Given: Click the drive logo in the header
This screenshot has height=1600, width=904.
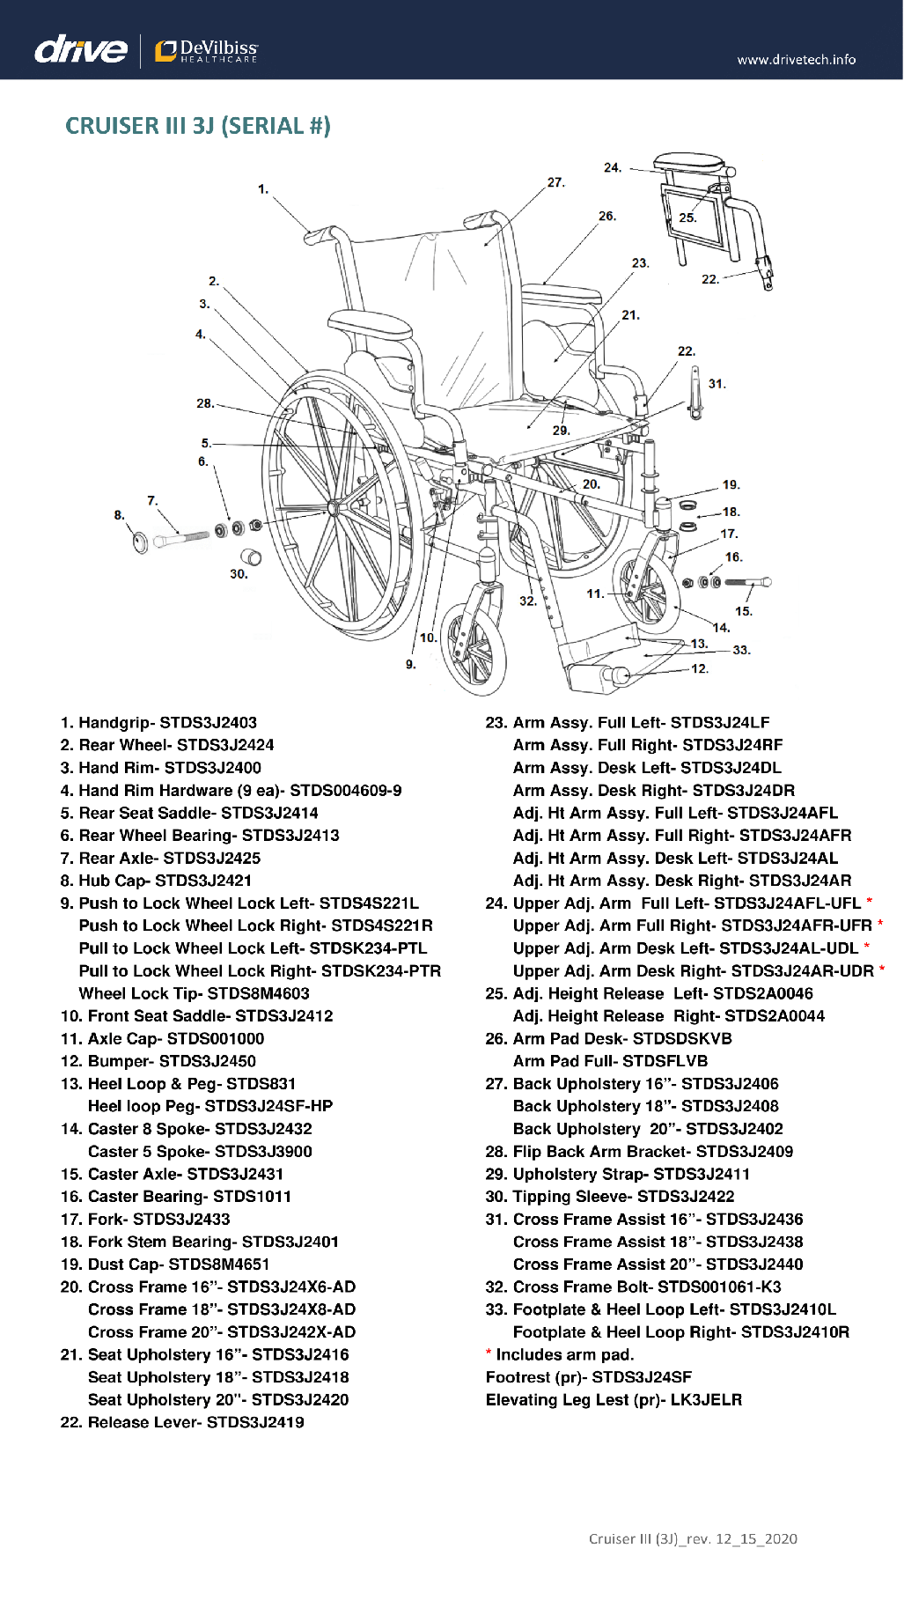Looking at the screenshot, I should click(x=80, y=49).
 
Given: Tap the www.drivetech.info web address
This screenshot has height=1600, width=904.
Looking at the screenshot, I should click(x=796, y=60).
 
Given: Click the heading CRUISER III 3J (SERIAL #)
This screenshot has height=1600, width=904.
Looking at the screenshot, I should click(x=198, y=126).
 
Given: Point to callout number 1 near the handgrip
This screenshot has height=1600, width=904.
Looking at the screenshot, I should click(x=262, y=188).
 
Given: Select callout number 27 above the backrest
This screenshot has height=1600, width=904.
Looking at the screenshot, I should click(x=555, y=182).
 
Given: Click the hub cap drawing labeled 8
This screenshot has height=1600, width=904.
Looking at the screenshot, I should click(x=140, y=541).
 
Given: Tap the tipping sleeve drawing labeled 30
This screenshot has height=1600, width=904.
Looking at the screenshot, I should click(x=251, y=557).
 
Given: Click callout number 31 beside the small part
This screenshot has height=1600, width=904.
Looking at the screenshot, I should click(x=717, y=384).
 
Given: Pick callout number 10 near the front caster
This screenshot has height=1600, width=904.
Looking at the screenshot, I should click(x=428, y=638).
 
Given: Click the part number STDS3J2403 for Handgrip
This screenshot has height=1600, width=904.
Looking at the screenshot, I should click(x=208, y=723).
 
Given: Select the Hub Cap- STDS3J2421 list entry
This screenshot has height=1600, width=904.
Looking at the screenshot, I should click(x=156, y=881).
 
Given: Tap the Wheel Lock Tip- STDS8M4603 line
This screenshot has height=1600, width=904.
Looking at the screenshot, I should click(x=194, y=993).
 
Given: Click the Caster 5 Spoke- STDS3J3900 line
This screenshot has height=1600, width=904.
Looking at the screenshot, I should click(x=200, y=1152).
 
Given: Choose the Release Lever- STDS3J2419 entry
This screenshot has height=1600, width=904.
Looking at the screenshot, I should click(x=182, y=1422).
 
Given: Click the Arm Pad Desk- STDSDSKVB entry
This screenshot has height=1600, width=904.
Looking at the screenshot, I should click(x=609, y=1039).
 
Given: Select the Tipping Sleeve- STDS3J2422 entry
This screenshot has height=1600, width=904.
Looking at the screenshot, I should click(x=610, y=1197).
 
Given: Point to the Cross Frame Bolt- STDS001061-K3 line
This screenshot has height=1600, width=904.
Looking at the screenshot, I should click(x=634, y=1287).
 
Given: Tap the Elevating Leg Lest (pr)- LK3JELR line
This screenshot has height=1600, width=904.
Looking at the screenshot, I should click(x=614, y=1400).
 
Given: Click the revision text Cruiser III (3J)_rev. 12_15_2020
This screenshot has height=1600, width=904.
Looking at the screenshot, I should click(x=693, y=1538).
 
